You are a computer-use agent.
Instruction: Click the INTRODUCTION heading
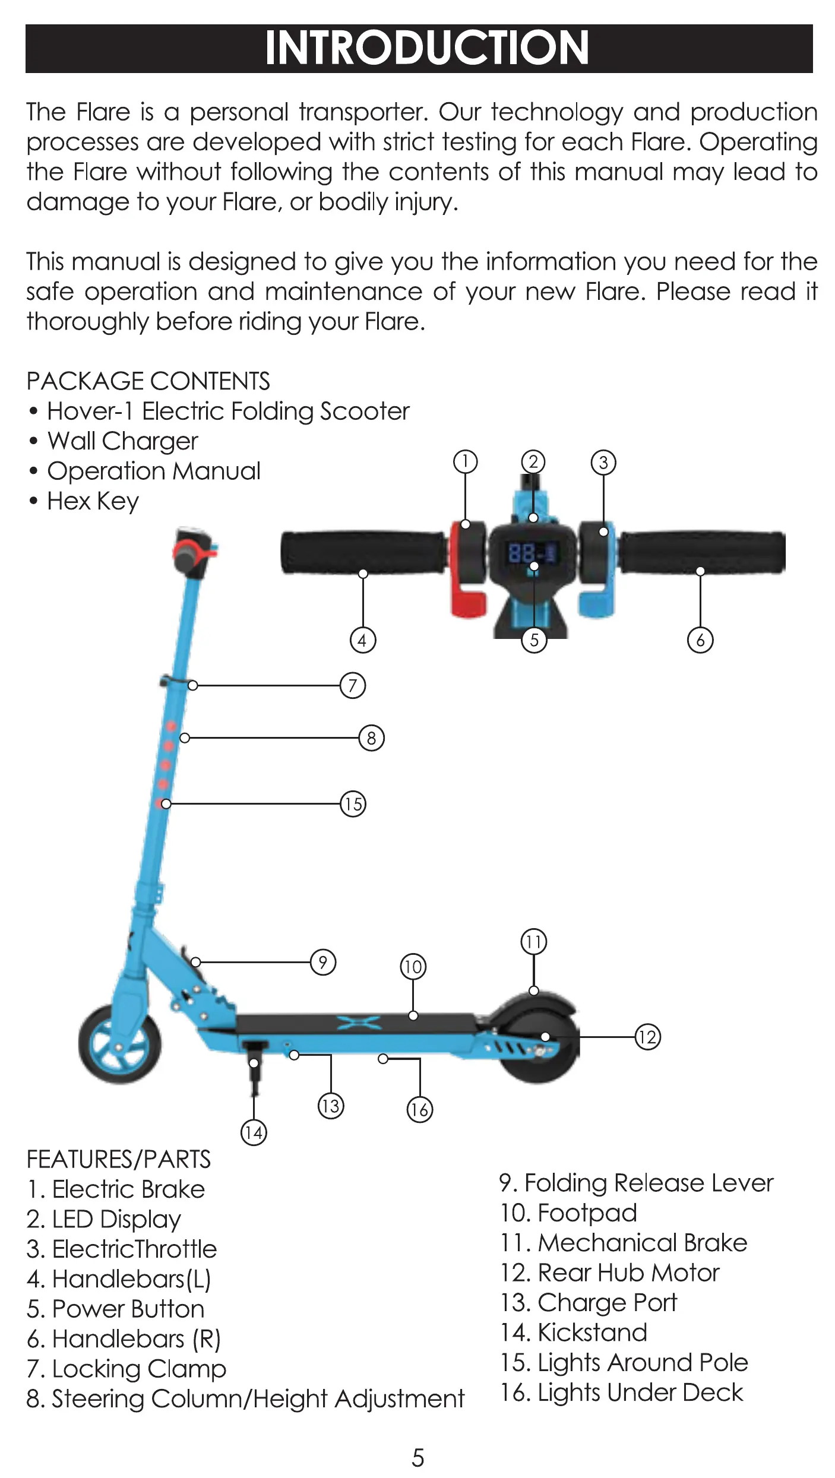426,48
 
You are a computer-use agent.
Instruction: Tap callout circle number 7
353,685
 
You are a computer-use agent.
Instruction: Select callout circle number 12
647,1037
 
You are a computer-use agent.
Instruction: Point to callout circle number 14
254,1132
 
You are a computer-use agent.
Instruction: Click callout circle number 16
419,1109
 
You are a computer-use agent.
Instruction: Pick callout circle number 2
533,462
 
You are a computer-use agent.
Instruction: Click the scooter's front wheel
120,1045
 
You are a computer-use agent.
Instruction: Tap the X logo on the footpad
359,1022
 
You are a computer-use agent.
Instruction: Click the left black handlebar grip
362,553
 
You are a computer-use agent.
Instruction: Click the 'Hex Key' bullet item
93,501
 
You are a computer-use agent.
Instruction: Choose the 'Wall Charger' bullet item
122,441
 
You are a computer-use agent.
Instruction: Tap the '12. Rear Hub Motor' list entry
610,1273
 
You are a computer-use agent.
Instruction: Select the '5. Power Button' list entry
116,1309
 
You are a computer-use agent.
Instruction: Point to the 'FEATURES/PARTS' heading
119,1159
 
